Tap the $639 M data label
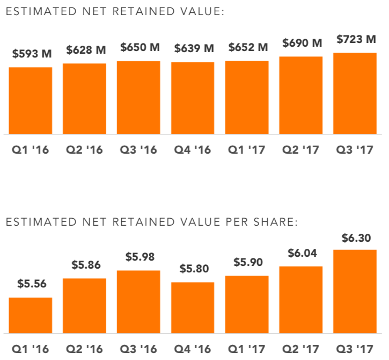pos(193,48)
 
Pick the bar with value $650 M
pos(138,97)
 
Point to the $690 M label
pos(300,43)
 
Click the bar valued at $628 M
pos(84,98)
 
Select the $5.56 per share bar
pos(31,315)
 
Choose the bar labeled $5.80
pos(193,308)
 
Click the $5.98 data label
pos(138,257)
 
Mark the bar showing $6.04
pos(300,300)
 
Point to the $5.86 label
pos(84,265)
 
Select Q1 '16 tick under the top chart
pos(31,149)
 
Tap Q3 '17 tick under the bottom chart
pos(355,349)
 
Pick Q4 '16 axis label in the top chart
pos(193,149)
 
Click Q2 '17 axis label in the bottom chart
pos(300,349)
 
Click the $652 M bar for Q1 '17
pos(247,97)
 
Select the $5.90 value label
pos(247,263)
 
